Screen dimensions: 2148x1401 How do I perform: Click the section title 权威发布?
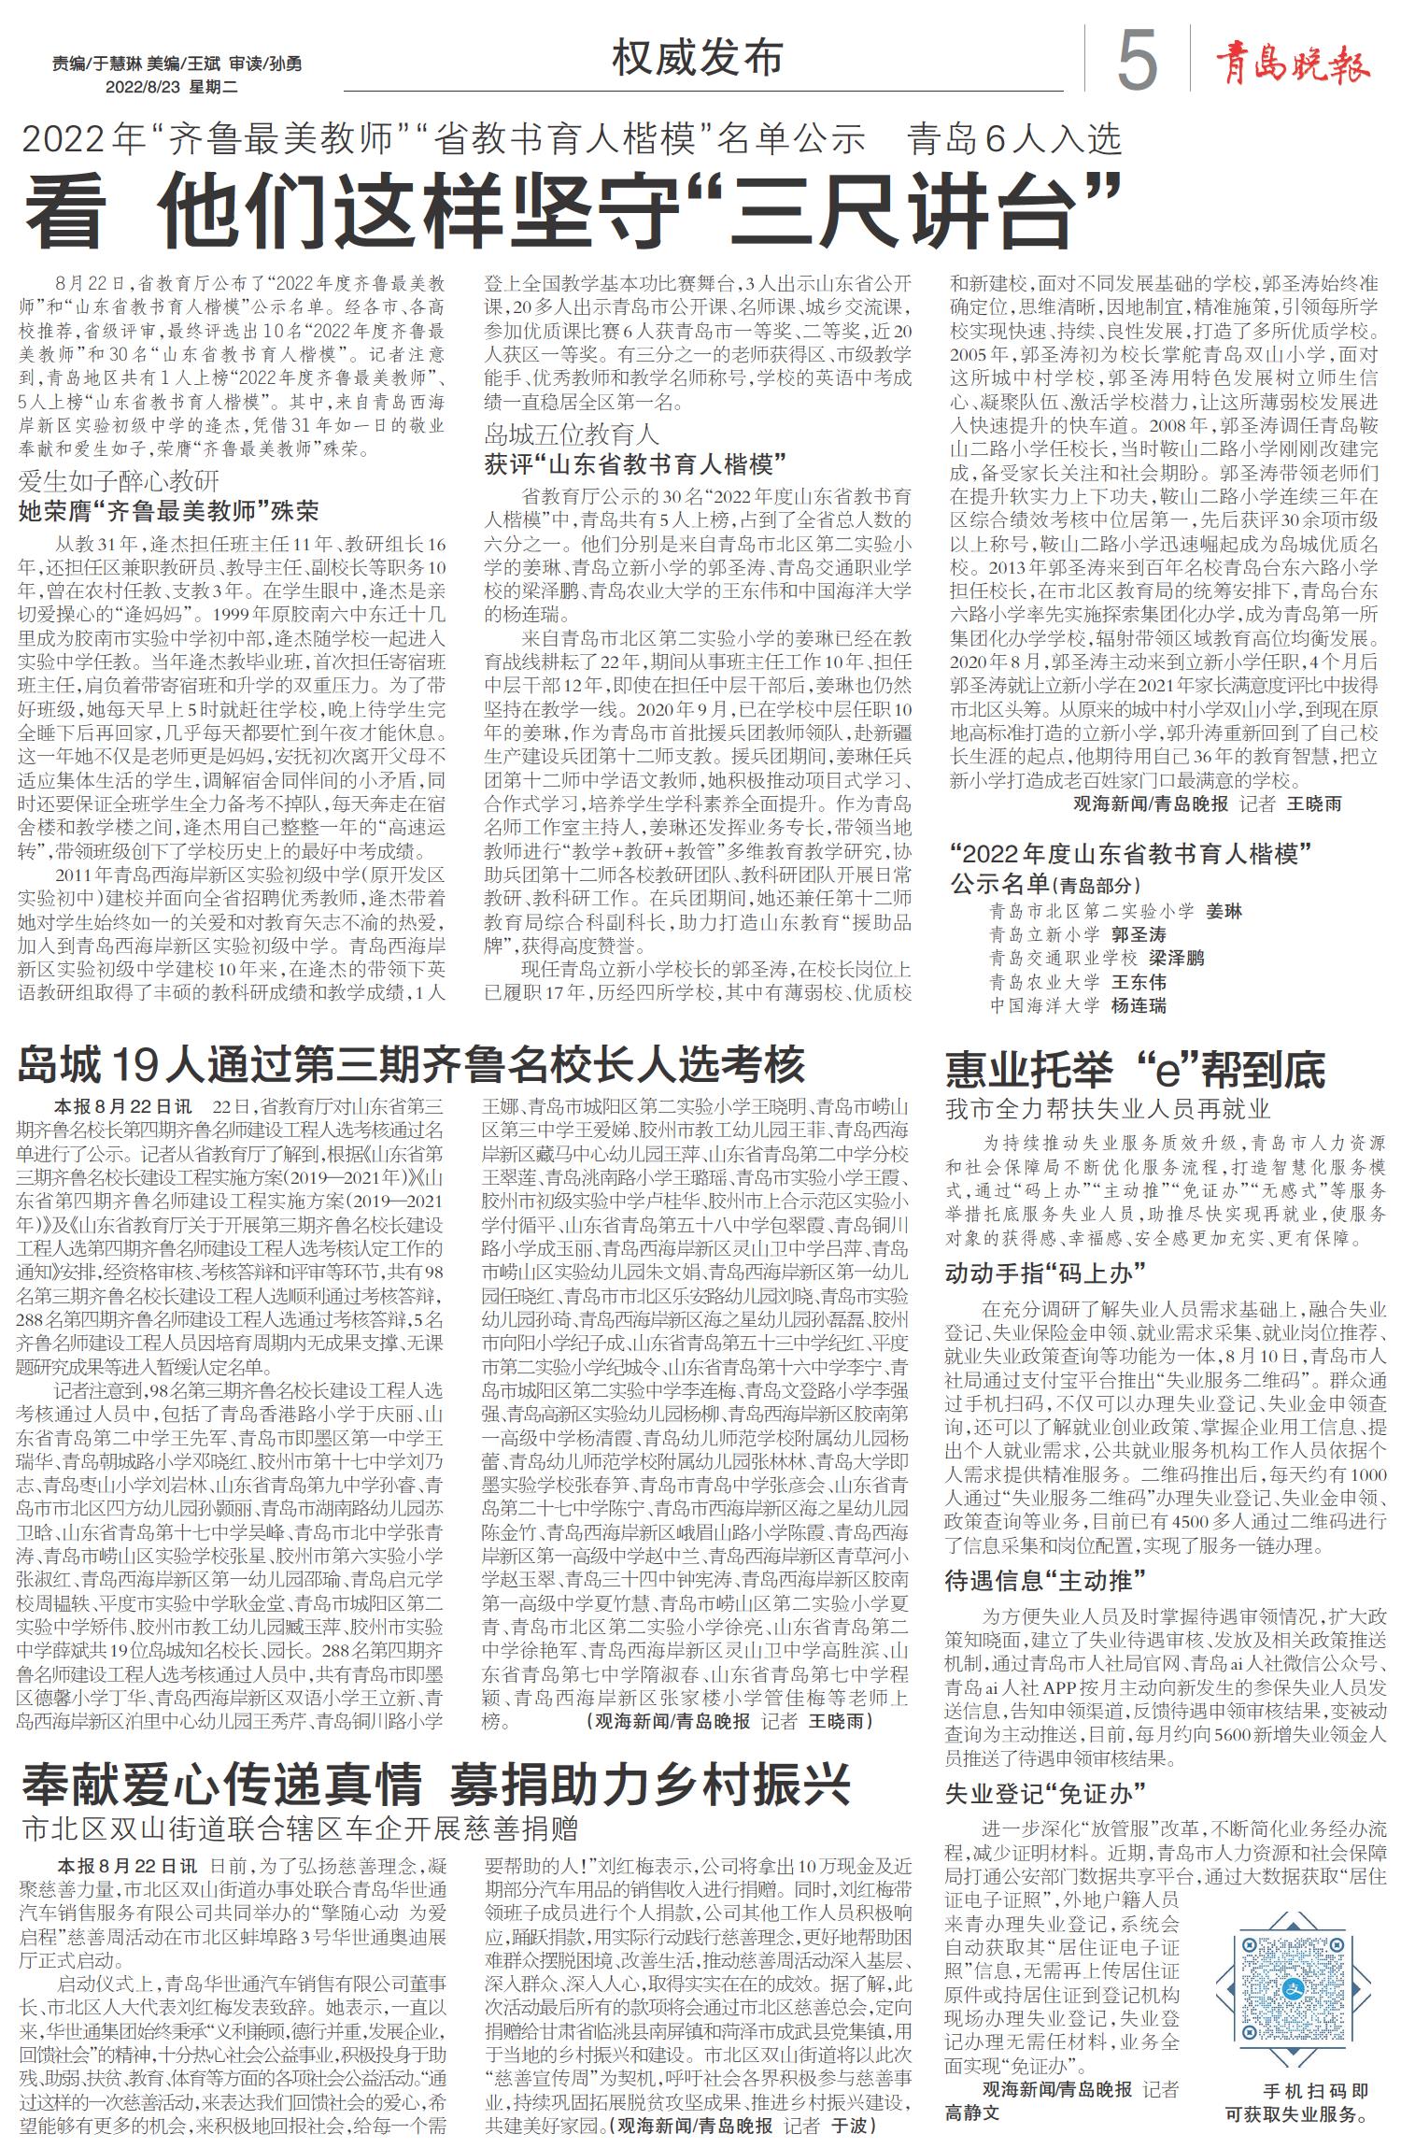697,59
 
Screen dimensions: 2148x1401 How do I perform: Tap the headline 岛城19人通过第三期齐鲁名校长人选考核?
411,1064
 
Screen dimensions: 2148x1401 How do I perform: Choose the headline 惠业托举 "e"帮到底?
1135,1070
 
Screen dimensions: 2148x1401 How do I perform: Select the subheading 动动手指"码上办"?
1045,1273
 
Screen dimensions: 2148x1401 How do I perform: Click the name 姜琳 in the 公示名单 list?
1224,912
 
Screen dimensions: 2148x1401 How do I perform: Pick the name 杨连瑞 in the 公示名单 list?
1139,1006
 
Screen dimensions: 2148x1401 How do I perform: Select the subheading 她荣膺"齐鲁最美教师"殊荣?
169,511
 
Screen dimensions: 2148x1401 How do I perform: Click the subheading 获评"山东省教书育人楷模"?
635,464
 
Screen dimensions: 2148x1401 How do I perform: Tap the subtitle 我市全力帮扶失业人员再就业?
1108,1109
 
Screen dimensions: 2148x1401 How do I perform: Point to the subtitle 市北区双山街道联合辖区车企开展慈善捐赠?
301,1827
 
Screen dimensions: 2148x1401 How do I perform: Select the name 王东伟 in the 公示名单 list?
1139,982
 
